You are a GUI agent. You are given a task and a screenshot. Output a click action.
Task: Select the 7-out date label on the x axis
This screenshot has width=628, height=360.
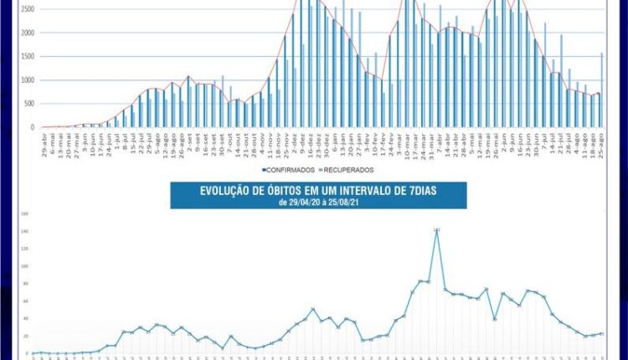point(229,139)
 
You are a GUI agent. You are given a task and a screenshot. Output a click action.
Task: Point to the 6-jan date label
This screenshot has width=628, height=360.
point(335,139)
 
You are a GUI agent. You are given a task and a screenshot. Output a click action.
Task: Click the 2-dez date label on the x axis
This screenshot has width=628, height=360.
point(295,139)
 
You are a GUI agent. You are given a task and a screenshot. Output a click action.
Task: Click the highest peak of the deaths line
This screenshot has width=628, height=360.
point(437,229)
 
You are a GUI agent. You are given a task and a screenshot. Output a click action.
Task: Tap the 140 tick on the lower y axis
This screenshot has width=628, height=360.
point(25,231)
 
